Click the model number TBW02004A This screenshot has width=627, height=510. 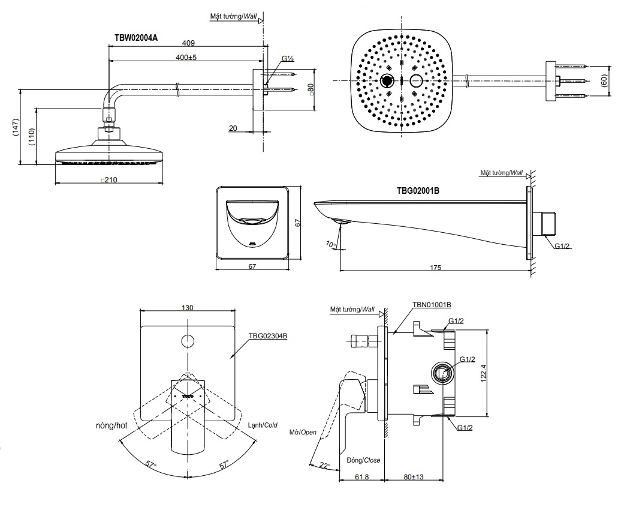tap(136, 37)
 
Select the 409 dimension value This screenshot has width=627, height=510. tap(188, 43)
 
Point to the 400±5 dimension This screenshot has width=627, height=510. tap(186, 57)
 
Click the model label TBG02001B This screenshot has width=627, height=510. tap(418, 191)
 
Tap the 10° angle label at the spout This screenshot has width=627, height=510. tap(330, 244)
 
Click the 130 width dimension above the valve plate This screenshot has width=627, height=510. tap(187, 308)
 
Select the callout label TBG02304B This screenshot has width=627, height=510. tap(267, 336)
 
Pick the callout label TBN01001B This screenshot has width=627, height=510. tap(432, 305)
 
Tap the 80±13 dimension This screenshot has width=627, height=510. tap(413, 476)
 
